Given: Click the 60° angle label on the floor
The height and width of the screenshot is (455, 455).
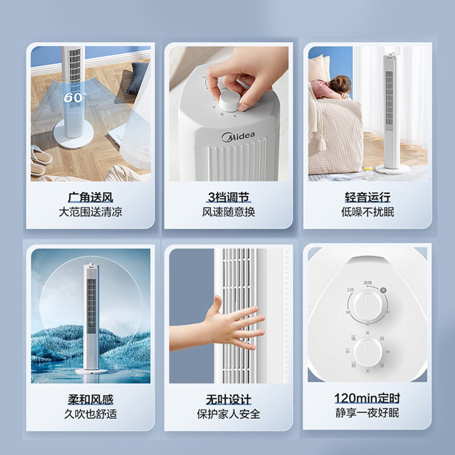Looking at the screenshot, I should tap(75, 97).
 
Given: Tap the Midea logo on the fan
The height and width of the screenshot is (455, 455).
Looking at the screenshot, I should tap(239, 137).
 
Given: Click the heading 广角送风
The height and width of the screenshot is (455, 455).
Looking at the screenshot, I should tap(90, 198).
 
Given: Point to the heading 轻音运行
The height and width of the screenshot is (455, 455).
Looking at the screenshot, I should tap(367, 198).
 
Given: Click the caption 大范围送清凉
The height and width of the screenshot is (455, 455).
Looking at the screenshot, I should tap(90, 212).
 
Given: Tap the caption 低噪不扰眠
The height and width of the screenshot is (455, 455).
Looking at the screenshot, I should tap(367, 212).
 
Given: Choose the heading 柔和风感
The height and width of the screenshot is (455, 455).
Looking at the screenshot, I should tap(90, 400).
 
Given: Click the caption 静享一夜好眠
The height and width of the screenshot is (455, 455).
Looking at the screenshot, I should tap(367, 413).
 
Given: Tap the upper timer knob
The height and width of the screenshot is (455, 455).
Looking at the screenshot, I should tap(367, 307).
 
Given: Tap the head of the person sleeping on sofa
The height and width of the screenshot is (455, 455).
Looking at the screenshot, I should tap(342, 85).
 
